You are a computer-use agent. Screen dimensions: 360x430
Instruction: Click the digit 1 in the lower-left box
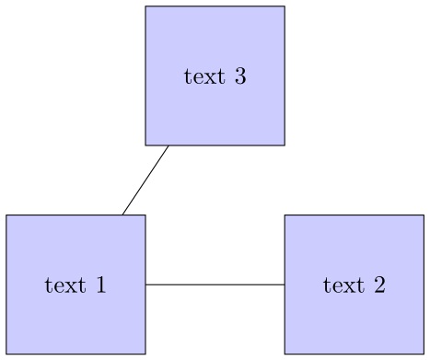(x=100, y=285)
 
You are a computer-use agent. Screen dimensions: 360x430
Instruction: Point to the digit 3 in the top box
(x=239, y=75)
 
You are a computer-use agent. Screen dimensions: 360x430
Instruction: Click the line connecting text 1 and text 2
(x=215, y=285)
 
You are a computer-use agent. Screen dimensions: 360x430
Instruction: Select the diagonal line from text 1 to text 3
(x=145, y=180)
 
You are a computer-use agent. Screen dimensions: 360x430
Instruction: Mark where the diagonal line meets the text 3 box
(x=169, y=145)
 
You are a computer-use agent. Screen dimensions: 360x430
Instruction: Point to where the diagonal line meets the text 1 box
(x=122, y=215)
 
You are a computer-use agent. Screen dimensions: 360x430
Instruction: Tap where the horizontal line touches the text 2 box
(x=285, y=285)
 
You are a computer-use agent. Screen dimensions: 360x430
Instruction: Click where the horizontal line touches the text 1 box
(x=145, y=285)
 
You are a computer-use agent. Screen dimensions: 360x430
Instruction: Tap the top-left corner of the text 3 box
(x=145, y=6)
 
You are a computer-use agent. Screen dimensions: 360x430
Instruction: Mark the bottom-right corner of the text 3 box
(x=285, y=145)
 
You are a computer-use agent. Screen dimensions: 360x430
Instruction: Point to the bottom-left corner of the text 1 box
(x=6, y=354)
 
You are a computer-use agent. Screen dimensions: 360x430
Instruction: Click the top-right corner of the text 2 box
(x=424, y=215)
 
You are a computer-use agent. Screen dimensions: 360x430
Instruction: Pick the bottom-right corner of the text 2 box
(x=424, y=354)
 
